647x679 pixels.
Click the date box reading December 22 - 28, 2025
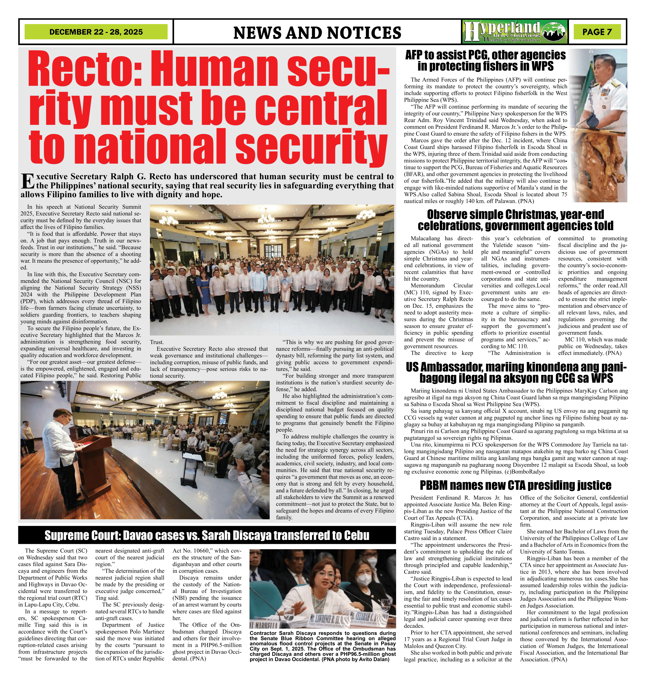pyautogui.click(x=96, y=32)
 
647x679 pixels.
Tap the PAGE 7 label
pyautogui.click(x=597, y=32)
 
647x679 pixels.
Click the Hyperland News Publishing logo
pyautogui.click(x=515, y=32)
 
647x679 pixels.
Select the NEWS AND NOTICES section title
pyautogui.click(x=317, y=33)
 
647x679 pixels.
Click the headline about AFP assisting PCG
pyautogui.click(x=485, y=60)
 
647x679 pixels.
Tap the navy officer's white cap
pyautogui.click(x=604, y=57)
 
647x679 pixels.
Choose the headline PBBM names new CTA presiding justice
pyautogui.click(x=515, y=485)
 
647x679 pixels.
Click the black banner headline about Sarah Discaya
pyautogui.click(x=207, y=535)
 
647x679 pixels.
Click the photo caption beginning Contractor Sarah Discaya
pyautogui.click(x=323, y=647)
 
